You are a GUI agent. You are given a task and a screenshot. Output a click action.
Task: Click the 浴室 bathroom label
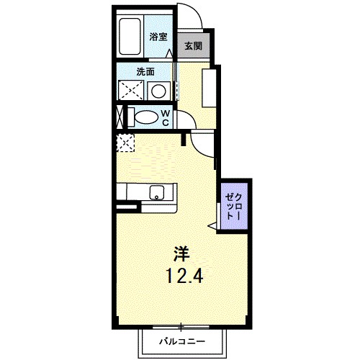tap(158, 36)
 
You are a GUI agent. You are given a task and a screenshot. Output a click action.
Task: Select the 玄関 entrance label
tap(192, 46)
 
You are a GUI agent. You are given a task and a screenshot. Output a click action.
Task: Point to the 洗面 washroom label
tap(146, 72)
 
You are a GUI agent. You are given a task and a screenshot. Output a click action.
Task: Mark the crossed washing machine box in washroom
tap(130, 91)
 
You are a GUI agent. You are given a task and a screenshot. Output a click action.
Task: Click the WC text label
tap(165, 117)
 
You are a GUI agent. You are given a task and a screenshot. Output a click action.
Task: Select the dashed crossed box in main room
tap(125, 142)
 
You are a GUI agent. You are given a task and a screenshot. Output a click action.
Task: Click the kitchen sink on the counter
tap(156, 192)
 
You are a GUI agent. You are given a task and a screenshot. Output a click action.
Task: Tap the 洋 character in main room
tap(180, 253)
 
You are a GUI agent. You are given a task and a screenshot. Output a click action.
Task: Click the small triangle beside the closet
tap(212, 226)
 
